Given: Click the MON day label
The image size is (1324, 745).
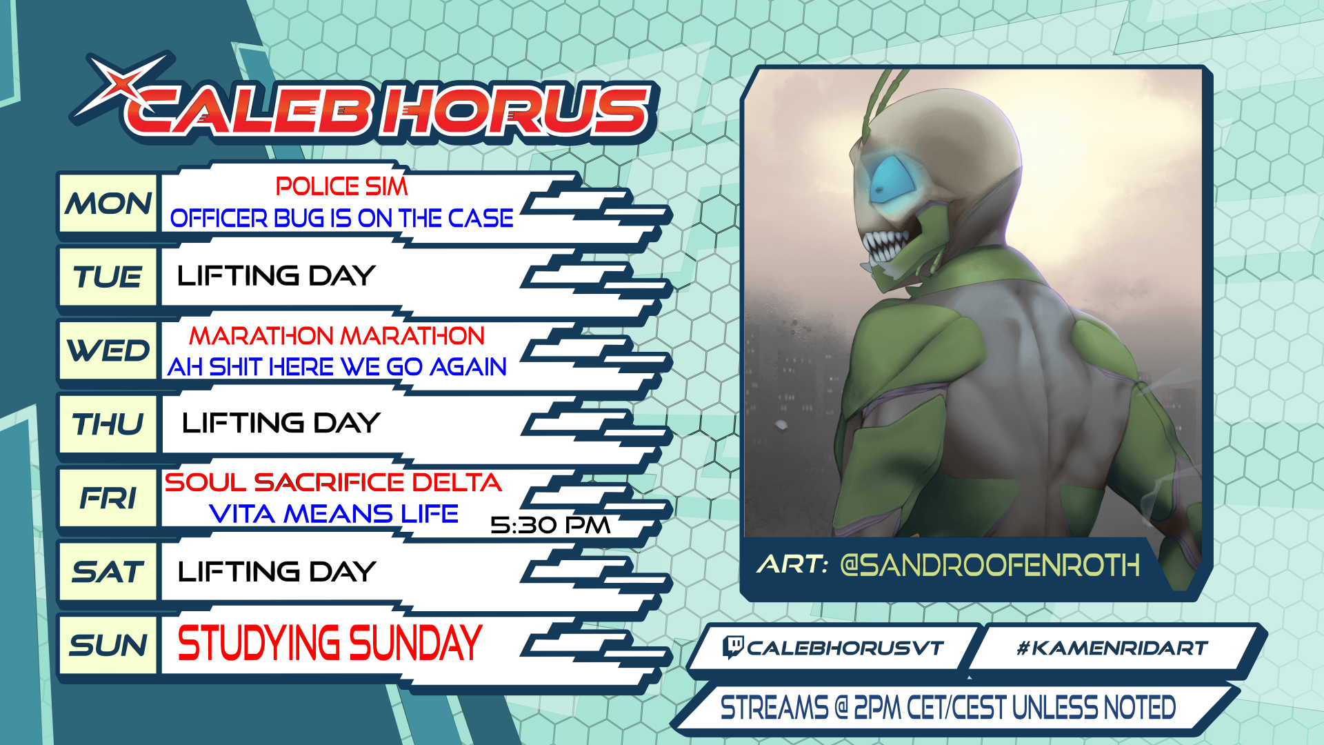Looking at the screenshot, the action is [108, 204].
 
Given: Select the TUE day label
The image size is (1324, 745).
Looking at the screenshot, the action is [108, 277].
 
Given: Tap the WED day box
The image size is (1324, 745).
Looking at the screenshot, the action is [108, 350].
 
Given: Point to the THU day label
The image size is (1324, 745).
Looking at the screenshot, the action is [108, 424].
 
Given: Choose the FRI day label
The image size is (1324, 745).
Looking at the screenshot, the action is [108, 498].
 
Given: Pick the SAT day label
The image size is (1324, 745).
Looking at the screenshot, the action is [108, 572].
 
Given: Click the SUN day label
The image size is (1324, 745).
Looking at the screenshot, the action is [108, 646].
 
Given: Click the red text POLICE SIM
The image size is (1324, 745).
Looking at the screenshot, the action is [341, 186].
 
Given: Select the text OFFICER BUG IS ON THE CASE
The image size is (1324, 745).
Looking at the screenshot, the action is [341, 218].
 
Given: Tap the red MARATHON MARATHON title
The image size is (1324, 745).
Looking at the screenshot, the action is [337, 336].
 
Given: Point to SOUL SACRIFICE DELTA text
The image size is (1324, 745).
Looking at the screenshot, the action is [332, 482].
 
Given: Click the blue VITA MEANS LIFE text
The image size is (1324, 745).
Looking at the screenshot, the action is [333, 514].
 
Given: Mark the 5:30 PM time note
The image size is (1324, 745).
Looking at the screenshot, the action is [550, 526].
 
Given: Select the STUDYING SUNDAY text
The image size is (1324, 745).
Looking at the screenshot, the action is [330, 643].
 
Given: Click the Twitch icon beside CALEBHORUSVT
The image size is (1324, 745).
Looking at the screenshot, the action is [732, 647].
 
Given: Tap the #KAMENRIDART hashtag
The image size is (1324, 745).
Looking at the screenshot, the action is [1112, 648].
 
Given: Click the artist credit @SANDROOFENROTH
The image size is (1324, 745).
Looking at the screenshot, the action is [990, 566].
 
